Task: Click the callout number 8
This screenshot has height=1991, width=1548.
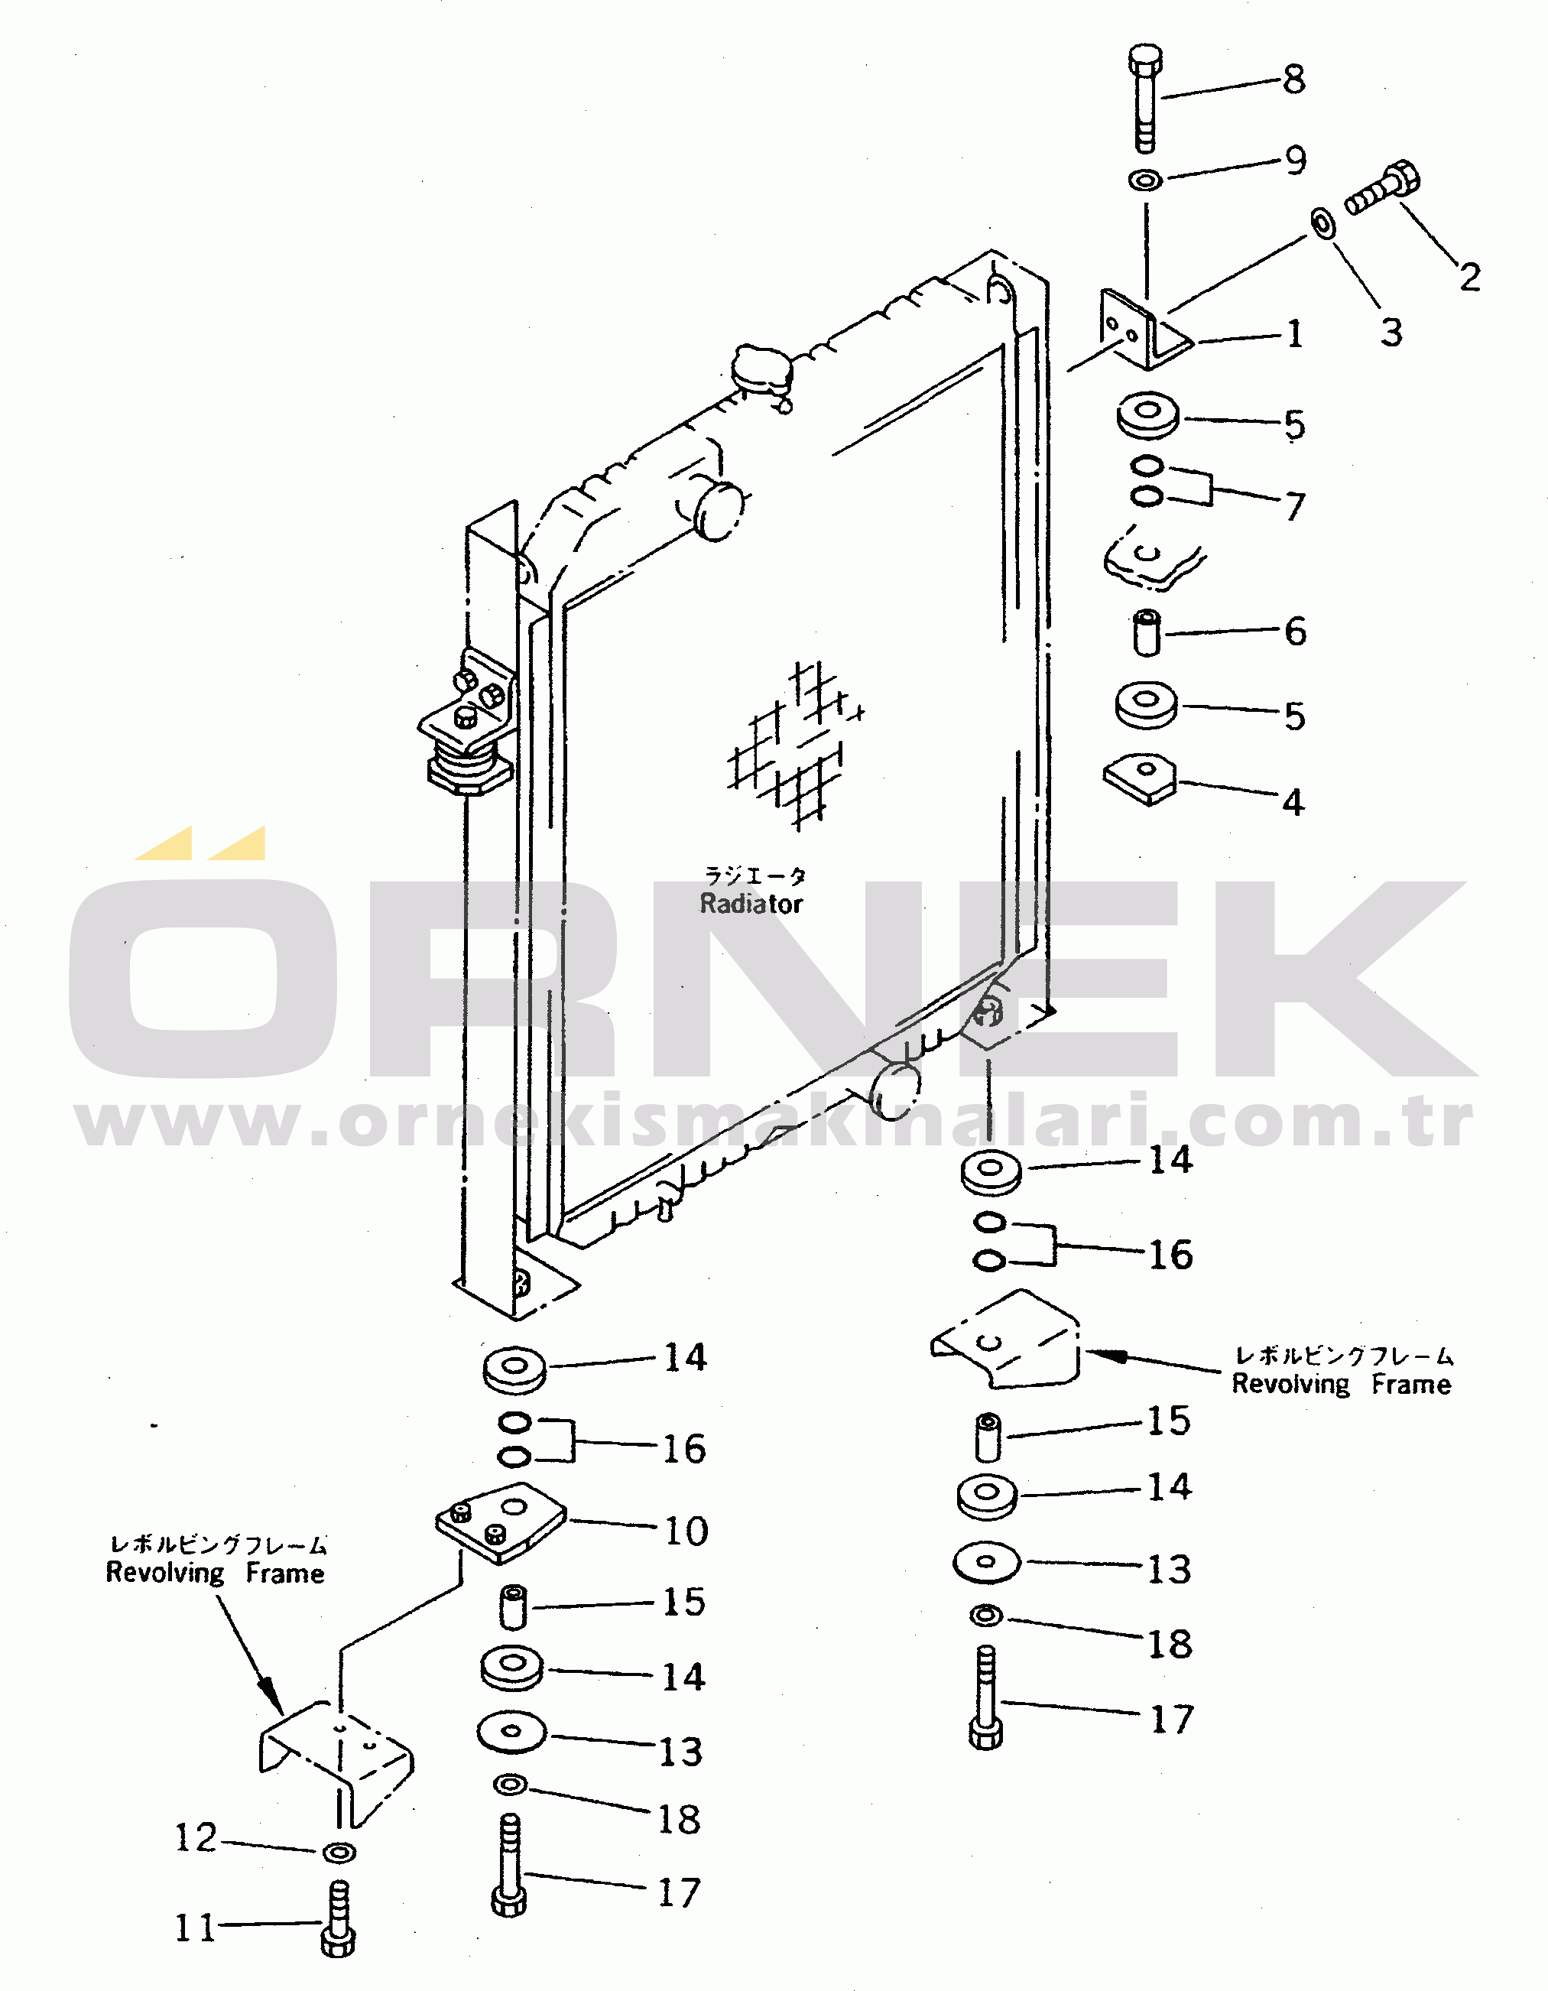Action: (1293, 80)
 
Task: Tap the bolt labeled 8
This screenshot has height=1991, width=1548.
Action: (1144, 98)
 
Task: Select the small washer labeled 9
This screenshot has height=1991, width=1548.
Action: (1145, 180)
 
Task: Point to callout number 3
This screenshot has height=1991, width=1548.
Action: (1391, 332)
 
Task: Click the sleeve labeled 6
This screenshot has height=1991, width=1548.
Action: (1147, 632)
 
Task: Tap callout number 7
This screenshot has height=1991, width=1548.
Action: (1294, 506)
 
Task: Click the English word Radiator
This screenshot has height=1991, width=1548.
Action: (751, 904)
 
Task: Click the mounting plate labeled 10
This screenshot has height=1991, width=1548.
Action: (501, 1523)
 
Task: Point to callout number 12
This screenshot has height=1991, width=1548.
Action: (196, 1838)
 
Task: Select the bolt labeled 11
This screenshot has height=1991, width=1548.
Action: (338, 1919)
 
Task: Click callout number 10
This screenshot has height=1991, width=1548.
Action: (686, 1531)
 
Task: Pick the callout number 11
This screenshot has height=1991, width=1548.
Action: (195, 1928)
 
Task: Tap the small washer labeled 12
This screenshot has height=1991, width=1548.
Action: (339, 1853)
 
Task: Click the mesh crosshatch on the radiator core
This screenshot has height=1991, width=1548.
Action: (795, 745)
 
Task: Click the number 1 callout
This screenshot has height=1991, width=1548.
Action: (1294, 333)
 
